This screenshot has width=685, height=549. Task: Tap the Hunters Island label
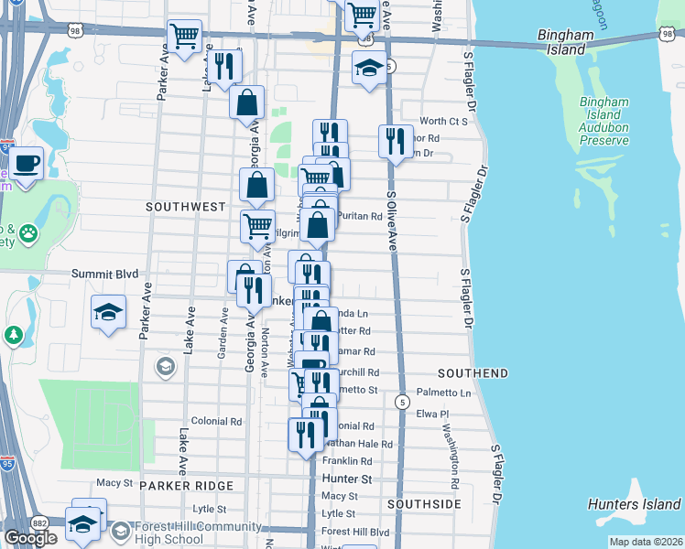(x=634, y=504)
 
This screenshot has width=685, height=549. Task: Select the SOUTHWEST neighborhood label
(x=186, y=207)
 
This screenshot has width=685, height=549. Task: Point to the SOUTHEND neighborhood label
(x=473, y=373)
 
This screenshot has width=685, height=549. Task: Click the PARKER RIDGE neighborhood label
(x=187, y=484)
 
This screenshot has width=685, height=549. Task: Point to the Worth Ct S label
(x=443, y=121)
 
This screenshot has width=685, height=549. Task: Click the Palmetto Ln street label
(x=446, y=393)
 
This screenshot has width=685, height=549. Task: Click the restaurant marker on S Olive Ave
(x=395, y=142)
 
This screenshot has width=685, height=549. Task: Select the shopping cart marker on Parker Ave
(x=185, y=37)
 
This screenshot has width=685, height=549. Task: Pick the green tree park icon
(x=13, y=336)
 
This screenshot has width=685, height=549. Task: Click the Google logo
(x=31, y=537)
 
